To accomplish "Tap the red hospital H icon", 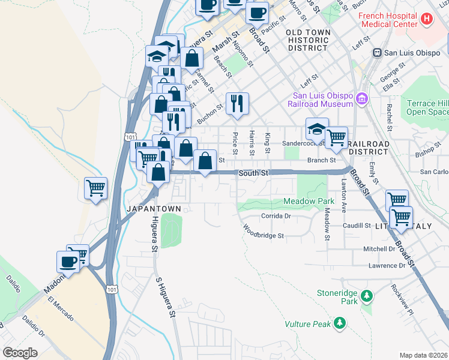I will tap(427, 19).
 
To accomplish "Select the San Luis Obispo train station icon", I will tap(378, 52).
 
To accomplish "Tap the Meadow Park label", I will tap(309, 202).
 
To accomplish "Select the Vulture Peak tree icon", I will tap(340, 324).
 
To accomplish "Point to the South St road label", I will tap(252, 173).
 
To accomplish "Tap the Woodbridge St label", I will tap(263, 232).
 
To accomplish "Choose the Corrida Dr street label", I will tap(276, 216).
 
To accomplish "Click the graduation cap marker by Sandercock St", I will tap(317, 128).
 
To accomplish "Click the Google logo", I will tap(20, 353).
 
